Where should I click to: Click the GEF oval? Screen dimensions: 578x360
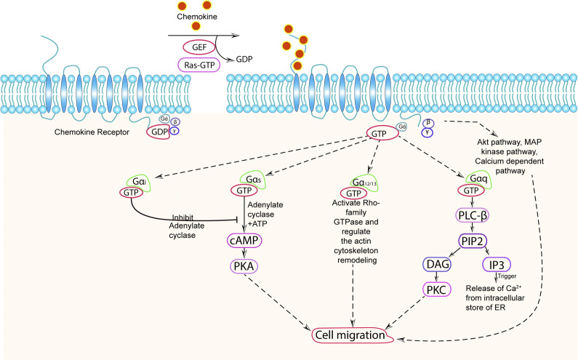199,47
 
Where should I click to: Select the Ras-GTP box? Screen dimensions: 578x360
199,65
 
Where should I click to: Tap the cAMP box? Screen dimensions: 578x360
244,241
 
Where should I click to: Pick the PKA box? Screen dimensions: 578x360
244,266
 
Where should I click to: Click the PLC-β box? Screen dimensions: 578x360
472,215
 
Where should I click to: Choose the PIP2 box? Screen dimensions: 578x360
473,241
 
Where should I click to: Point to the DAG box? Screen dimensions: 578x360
437,264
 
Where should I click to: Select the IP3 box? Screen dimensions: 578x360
497,264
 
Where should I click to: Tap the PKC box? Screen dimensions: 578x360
437,289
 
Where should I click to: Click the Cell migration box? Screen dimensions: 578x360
352,335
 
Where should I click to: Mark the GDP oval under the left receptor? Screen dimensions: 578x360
159,132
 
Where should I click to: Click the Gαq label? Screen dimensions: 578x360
478,179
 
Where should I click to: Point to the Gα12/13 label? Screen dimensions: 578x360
364,183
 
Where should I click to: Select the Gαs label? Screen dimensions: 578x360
253,180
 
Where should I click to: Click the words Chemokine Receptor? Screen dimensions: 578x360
92,132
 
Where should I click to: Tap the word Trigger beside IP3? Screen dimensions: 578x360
507,276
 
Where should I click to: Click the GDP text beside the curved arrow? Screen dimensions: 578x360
244,60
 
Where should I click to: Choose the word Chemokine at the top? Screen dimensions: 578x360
197,17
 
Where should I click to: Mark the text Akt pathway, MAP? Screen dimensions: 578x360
510,142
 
